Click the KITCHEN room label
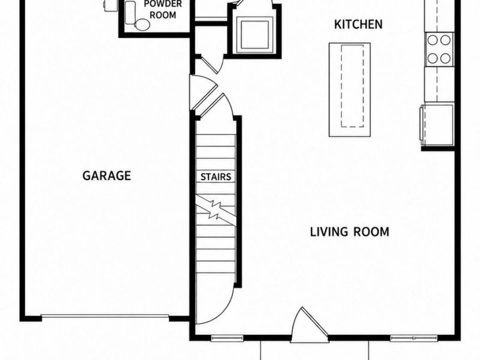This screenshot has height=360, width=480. (x=358, y=25)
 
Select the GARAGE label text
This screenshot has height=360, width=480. (x=107, y=176)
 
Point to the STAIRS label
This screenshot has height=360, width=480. (x=216, y=177)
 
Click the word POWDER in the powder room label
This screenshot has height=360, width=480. (x=163, y=4)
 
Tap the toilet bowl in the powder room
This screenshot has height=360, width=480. (x=142, y=25)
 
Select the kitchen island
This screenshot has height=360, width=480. (x=350, y=89)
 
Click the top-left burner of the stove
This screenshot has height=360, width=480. (x=432, y=40)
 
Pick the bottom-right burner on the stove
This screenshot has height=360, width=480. (x=445, y=58)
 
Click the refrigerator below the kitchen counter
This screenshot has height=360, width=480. (x=437, y=125)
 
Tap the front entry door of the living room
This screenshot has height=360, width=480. (x=309, y=325)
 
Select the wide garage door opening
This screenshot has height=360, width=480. (x=105, y=316)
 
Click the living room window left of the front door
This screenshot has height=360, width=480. (x=227, y=338)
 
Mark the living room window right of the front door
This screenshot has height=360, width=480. (x=414, y=338)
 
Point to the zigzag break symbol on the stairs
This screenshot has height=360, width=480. (x=215, y=210)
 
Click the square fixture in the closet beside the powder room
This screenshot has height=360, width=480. (x=254, y=34)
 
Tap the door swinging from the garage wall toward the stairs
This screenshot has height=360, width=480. (x=203, y=92)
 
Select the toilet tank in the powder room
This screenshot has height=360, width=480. (x=130, y=13)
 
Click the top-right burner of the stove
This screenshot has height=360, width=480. (x=445, y=40)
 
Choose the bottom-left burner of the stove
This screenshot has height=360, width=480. (x=432, y=58)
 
